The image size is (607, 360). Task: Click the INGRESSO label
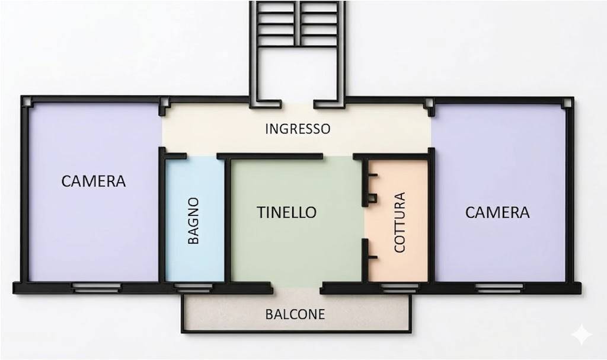[x=298, y=129]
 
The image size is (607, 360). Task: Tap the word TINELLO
[x=286, y=212]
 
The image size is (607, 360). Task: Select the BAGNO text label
[x=193, y=221]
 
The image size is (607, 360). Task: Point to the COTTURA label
[x=399, y=222]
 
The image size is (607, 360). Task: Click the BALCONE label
[x=295, y=314]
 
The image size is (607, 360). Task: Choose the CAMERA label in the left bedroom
[x=94, y=181]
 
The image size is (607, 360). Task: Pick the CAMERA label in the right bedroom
[x=497, y=212]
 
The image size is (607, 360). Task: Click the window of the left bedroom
[x=97, y=288]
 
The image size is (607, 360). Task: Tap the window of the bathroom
[x=193, y=288]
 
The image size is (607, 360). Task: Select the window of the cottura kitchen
[x=400, y=288]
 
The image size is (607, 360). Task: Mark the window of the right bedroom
[x=499, y=288]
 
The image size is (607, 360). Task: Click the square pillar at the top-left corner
[x=27, y=101]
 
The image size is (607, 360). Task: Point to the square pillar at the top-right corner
[x=567, y=103]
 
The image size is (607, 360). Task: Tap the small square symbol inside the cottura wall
[x=372, y=199]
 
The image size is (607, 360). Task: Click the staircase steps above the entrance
[x=298, y=24]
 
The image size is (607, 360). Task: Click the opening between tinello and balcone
[x=296, y=288]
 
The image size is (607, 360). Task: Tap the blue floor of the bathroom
[x=194, y=219]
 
